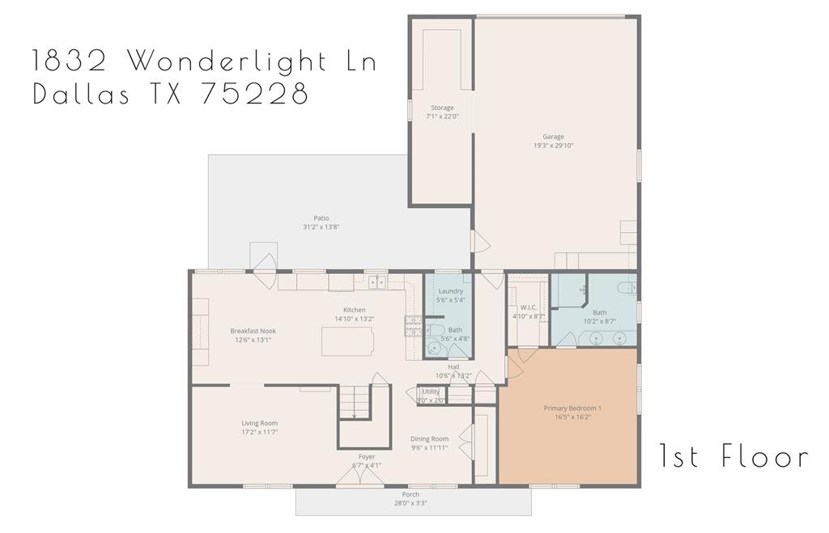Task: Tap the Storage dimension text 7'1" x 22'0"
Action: coord(442,116)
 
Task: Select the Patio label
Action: coord(321,218)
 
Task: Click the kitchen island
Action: coord(348,341)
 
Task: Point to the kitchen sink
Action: coord(377,282)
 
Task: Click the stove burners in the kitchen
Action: coord(413,325)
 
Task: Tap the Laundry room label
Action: coord(450,291)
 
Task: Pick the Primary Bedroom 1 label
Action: coord(572,408)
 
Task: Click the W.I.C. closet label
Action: coord(529,307)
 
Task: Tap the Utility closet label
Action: coord(431,391)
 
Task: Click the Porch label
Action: coord(410,494)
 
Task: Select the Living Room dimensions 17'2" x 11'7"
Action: coord(259,432)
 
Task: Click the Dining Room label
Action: coord(429,438)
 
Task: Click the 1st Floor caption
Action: coord(733,457)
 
